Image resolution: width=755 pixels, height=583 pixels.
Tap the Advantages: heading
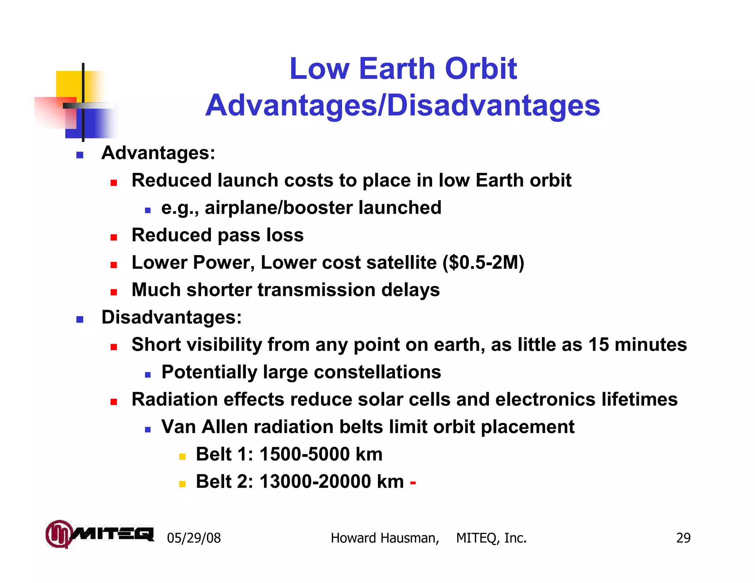pos(158,153)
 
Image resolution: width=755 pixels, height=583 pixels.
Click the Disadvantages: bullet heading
pos(171,317)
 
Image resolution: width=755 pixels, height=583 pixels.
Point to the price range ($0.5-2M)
pos(483,263)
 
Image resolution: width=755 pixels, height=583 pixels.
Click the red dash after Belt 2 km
pos(413,482)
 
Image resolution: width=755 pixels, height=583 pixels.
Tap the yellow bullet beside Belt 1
pos(182,457)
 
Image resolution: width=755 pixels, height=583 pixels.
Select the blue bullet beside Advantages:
pos(80,155)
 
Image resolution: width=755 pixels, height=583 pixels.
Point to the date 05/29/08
pos(194,538)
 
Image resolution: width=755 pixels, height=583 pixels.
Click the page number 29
pos(683,538)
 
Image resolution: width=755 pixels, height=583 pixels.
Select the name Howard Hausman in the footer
pos(384,538)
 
